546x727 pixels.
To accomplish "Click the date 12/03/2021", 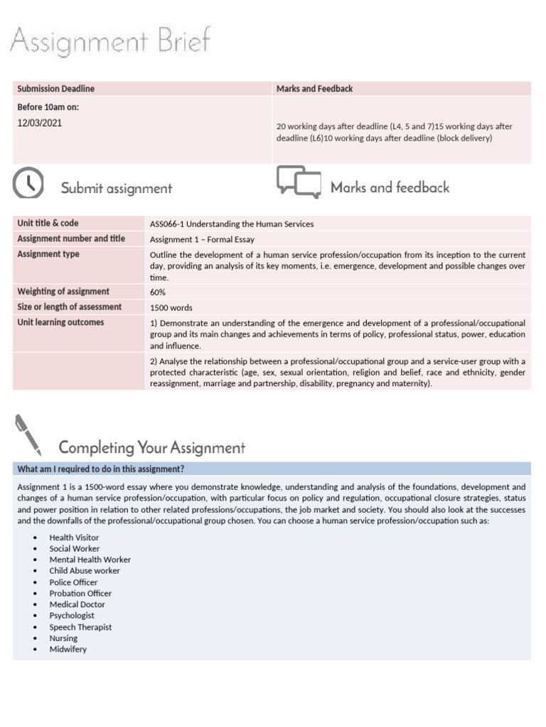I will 40,123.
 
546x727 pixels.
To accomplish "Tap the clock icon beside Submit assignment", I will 28,184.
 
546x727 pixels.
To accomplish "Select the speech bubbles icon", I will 299,182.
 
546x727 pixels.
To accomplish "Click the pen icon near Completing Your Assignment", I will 28,436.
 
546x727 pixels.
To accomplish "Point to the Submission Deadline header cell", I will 56,89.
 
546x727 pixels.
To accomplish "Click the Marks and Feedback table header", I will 314,89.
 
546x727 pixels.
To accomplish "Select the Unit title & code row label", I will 48,223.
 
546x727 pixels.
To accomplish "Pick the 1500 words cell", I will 171,307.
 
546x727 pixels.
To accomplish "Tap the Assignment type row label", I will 48,254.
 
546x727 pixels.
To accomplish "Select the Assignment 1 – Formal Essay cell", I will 202,239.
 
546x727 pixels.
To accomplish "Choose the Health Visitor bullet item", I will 74,537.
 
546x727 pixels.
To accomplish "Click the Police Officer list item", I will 73,582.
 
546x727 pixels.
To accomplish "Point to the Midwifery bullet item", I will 68,649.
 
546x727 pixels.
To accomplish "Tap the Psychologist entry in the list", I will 72,616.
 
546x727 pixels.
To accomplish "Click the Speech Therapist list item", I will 80,627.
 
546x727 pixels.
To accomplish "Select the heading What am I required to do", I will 101,469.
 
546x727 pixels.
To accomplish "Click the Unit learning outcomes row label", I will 60,322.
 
